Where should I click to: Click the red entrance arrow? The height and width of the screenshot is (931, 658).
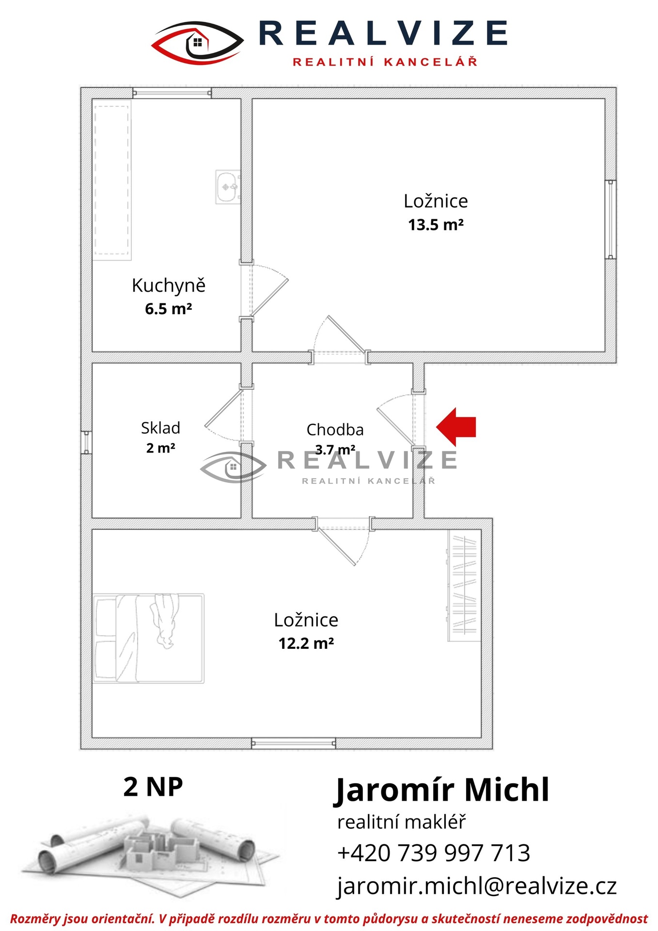coord(456,427)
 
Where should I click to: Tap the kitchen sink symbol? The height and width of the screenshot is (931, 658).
coord(228,187)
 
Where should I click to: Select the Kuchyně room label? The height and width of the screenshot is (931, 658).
coord(169,285)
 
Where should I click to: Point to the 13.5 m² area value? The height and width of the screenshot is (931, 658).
coord(436,225)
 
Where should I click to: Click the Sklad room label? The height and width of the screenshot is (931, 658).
coord(160,428)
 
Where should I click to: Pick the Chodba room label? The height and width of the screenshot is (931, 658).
coord(335,430)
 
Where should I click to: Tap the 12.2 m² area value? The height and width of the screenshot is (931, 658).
coord(306,643)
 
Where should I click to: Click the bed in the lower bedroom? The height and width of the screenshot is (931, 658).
coord(148,638)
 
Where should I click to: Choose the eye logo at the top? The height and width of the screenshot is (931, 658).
coord(198,43)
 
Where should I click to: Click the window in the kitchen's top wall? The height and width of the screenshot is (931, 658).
coord(172,93)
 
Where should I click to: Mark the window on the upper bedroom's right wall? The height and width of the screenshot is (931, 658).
coord(611,219)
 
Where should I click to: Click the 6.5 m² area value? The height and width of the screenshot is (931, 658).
coord(169,309)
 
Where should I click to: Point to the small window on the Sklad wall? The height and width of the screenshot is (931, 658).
coord(86,442)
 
